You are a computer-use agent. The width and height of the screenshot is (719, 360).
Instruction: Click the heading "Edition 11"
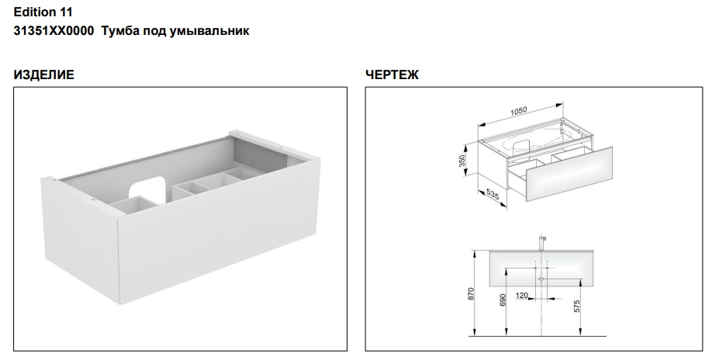point(43,12)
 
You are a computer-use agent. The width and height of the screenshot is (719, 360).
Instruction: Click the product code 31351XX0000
point(54,31)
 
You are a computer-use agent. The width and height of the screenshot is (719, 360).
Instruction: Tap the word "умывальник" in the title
point(209,31)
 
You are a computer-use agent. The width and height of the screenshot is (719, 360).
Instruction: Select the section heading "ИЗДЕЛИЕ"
point(44,74)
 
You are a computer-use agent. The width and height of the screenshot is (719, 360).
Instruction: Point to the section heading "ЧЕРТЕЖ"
point(392,74)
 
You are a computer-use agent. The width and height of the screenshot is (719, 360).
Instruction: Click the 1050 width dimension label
point(519,112)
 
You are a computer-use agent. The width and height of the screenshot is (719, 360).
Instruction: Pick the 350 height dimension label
point(462,161)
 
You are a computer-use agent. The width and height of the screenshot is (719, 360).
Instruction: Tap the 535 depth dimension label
point(492,195)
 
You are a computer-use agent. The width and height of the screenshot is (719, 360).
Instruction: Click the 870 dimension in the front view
point(471,294)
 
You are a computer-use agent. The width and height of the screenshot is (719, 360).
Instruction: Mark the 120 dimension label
point(522,296)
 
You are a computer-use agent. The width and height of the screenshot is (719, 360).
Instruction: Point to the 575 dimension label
point(577,306)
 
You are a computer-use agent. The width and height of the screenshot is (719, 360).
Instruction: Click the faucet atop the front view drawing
point(542,243)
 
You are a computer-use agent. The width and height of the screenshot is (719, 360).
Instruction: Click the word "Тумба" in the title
point(120,31)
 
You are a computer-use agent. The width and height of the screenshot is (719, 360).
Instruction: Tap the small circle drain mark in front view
point(541,279)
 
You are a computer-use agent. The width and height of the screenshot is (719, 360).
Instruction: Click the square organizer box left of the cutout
point(132,205)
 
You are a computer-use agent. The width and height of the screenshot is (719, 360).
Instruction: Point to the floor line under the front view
point(538,336)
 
